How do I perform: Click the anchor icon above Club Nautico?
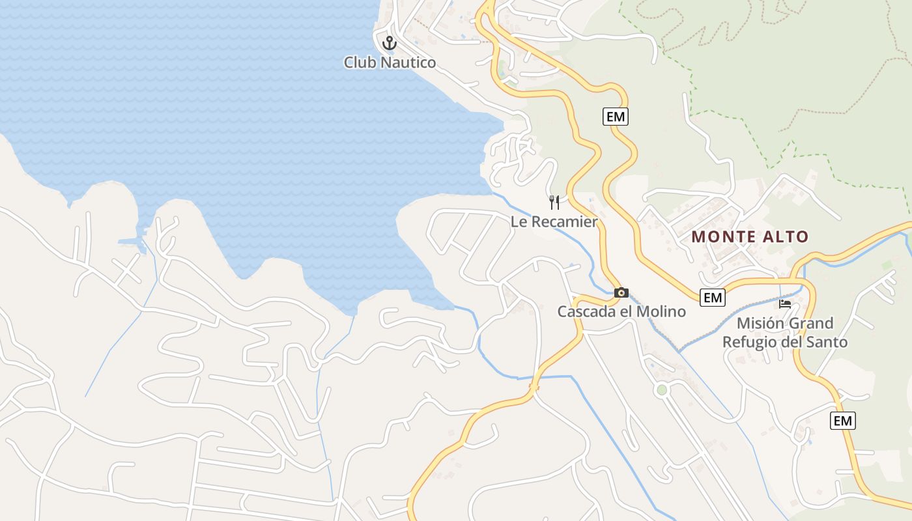389,43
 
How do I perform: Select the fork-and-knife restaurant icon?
554,202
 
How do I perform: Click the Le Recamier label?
554,221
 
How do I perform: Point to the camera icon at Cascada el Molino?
621,292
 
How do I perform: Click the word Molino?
661,311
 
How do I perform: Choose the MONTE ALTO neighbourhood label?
750,236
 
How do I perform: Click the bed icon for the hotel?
785,303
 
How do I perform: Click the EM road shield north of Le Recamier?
615,117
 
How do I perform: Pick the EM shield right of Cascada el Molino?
713,298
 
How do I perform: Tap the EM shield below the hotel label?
842,421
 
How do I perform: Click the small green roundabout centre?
662,390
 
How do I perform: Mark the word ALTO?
789,236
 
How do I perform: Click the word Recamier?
564,221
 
